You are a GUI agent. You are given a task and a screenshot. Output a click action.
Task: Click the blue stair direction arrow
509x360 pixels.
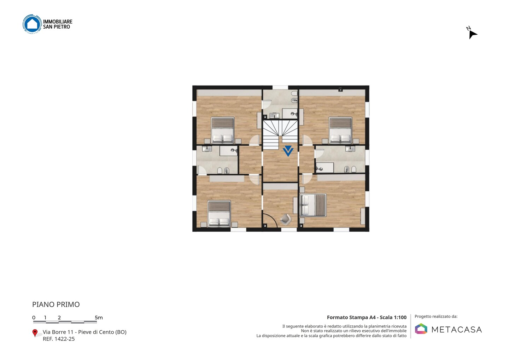point(288,151)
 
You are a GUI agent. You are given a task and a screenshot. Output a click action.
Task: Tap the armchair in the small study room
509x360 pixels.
point(286,219)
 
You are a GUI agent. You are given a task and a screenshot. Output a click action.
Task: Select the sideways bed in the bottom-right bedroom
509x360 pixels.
point(313,205)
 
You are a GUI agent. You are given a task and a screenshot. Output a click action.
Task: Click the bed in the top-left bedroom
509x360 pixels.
point(223,130)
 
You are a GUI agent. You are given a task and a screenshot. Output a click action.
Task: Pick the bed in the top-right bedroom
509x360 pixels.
point(340,130)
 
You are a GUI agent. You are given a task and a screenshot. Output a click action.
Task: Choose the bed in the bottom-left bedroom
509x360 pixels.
point(219,214)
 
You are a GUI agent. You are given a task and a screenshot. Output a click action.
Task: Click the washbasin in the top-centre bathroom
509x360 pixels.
point(274,116)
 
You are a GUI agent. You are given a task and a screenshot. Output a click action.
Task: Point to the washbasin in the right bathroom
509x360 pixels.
point(350,149)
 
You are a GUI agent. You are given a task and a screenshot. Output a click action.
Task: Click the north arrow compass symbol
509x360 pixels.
point(472,33)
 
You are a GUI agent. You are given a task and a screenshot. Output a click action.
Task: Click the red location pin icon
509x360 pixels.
point(35,333)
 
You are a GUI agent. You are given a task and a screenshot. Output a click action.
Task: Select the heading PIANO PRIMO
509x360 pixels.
point(56,304)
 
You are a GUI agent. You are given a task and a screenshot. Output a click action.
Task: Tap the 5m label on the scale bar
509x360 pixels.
point(99,318)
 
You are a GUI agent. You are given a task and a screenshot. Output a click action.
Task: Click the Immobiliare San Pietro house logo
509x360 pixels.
point(32,24)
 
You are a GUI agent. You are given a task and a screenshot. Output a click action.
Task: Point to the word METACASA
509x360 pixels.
point(457,330)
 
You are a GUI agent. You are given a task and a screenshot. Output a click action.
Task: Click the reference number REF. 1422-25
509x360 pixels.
point(59,339)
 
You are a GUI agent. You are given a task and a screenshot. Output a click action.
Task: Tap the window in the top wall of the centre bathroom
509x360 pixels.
point(280,87)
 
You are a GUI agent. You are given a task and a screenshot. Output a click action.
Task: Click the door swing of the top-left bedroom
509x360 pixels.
point(255,140)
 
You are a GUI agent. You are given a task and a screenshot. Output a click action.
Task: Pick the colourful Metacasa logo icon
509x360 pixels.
point(421,329)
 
